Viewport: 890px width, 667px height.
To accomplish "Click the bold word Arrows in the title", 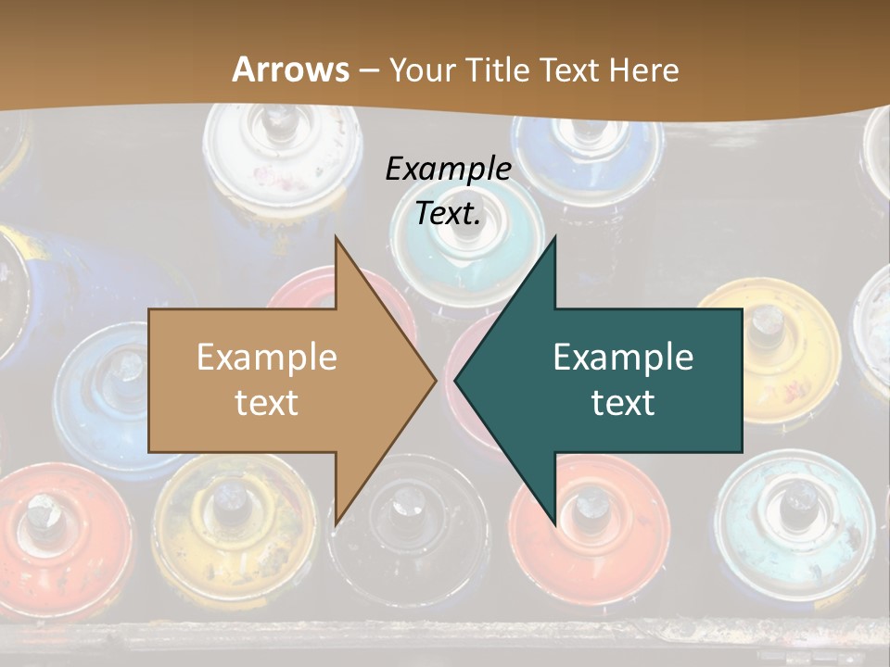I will coord(291,69).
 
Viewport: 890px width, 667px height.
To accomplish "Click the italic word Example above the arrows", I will coord(448,169).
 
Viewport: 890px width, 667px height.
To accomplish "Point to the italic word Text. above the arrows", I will coord(448,213).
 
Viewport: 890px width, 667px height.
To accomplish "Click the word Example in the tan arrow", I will coord(267,357).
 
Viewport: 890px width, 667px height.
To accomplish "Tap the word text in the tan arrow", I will coord(267,402).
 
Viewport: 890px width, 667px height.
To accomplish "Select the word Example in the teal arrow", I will coord(623,357).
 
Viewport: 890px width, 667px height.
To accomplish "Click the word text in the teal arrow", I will coord(623,402).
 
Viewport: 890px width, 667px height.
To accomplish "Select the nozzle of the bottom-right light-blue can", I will coord(793,505).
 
